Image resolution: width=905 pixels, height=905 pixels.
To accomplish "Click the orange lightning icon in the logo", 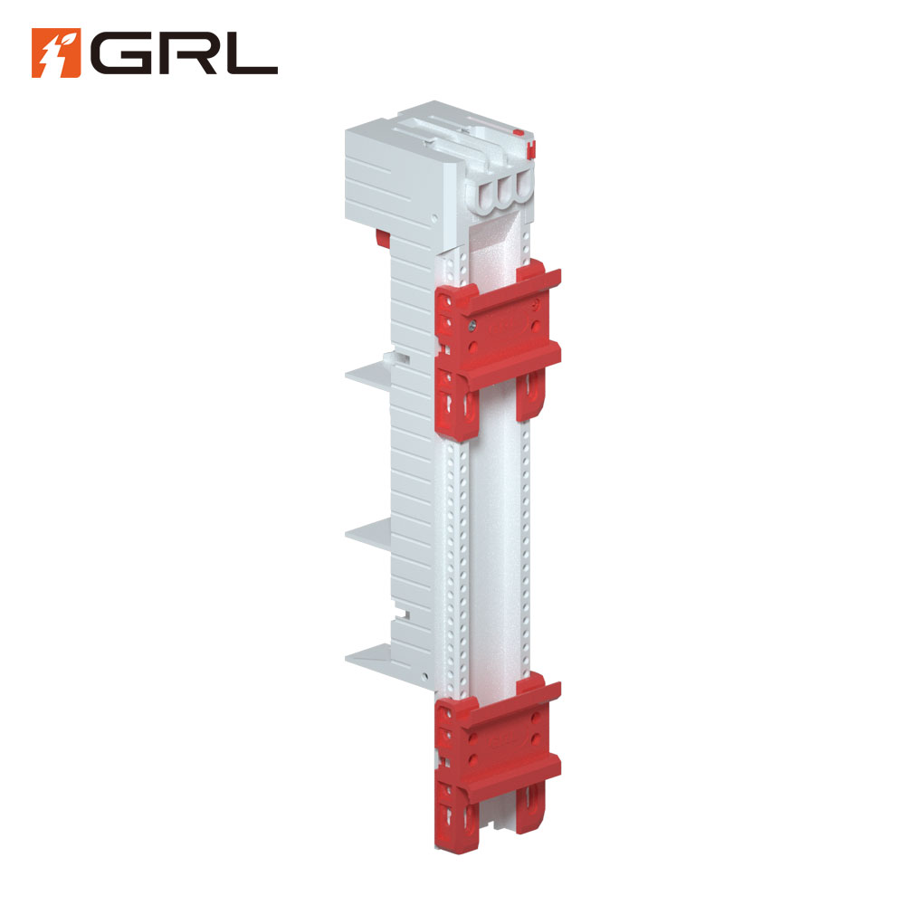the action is click(56, 52).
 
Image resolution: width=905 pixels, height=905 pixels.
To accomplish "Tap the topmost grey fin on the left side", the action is click(368, 376).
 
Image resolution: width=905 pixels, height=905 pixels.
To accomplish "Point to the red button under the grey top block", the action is click(382, 237).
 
